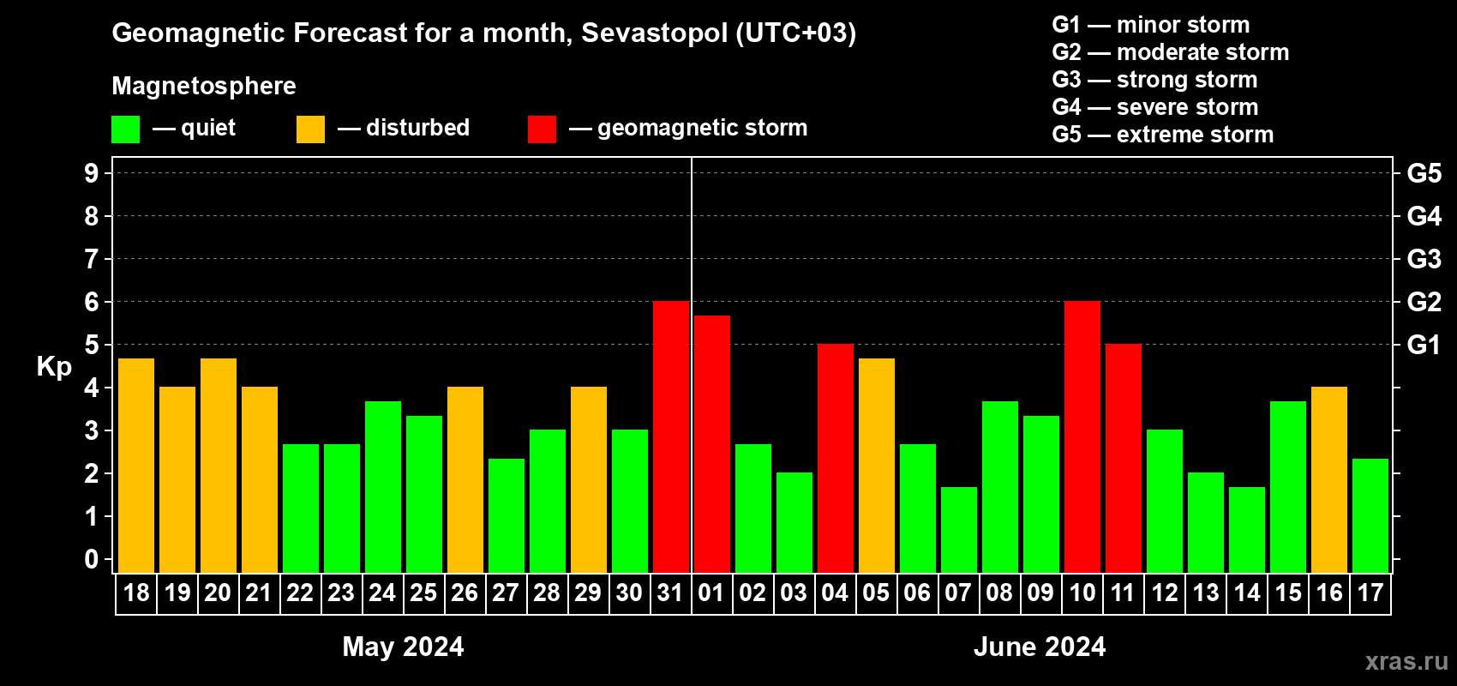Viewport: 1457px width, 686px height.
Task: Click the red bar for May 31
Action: [x=671, y=437]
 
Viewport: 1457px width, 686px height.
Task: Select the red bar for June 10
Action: [x=1082, y=437]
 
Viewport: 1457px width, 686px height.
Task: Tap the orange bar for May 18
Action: [x=136, y=466]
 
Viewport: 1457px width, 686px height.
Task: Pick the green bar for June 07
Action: [x=959, y=530]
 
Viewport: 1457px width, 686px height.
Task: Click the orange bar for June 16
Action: [x=1329, y=480]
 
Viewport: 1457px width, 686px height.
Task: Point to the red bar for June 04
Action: [x=836, y=459]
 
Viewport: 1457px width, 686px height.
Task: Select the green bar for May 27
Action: [x=507, y=515]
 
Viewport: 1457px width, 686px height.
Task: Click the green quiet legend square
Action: [x=126, y=129]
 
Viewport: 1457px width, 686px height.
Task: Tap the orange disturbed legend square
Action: [x=310, y=129]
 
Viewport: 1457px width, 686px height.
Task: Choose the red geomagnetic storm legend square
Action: [x=542, y=129]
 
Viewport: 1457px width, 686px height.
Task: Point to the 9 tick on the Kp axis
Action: [x=92, y=173]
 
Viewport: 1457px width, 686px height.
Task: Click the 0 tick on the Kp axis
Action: [x=92, y=560]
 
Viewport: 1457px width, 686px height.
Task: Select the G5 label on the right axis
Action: [x=1424, y=173]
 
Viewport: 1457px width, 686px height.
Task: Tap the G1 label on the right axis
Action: [x=1424, y=345]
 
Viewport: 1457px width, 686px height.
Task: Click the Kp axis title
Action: [x=54, y=367]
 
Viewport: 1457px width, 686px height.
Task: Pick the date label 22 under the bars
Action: [x=300, y=593]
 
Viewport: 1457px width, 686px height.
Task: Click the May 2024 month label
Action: [x=403, y=647]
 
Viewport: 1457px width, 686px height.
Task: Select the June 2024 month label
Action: [x=1040, y=647]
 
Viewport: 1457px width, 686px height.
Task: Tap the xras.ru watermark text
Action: [x=1406, y=661]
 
